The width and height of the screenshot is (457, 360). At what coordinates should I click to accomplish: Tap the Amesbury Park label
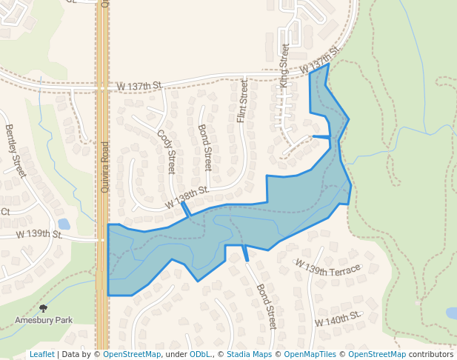[44, 320]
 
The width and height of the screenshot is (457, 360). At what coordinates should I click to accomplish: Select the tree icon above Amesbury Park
[44, 307]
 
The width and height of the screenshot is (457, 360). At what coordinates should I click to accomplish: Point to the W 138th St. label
[187, 196]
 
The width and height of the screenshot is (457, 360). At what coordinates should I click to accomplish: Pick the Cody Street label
[168, 152]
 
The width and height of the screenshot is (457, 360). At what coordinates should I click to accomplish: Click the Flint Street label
[242, 102]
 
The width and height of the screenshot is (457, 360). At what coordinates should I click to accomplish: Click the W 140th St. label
[337, 319]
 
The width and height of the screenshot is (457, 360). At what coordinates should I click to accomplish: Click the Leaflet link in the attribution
[41, 354]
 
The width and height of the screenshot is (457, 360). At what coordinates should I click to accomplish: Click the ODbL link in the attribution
[199, 354]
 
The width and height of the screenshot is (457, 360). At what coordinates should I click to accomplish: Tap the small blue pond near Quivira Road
[64, 223]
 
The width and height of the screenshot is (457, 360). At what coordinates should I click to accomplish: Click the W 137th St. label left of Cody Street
[139, 87]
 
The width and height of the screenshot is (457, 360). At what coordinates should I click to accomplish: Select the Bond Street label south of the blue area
[266, 307]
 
